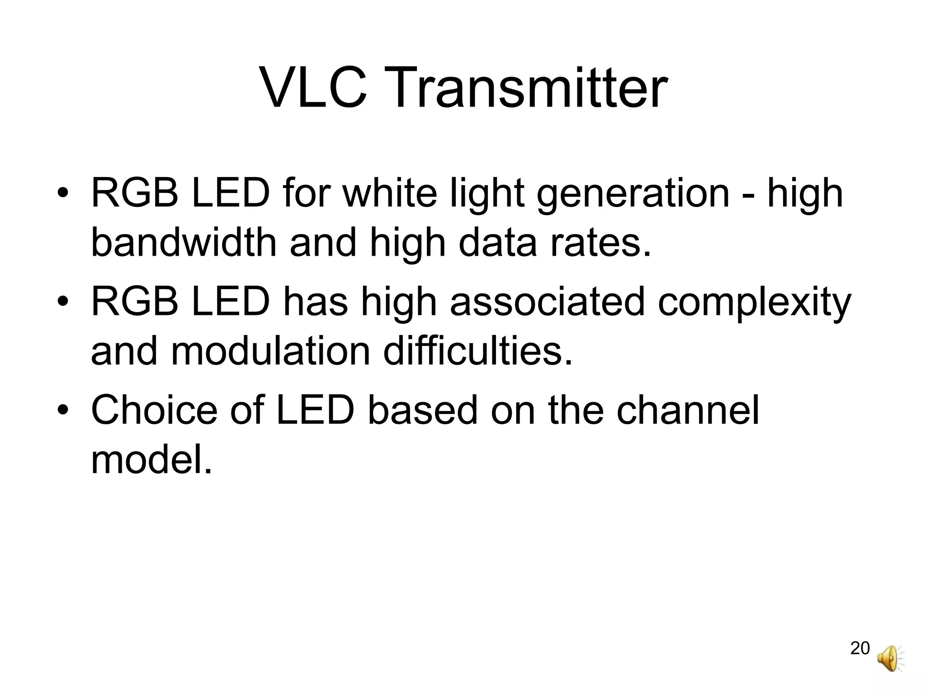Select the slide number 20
860,648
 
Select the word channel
688,410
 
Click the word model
151,460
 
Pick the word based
422,410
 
